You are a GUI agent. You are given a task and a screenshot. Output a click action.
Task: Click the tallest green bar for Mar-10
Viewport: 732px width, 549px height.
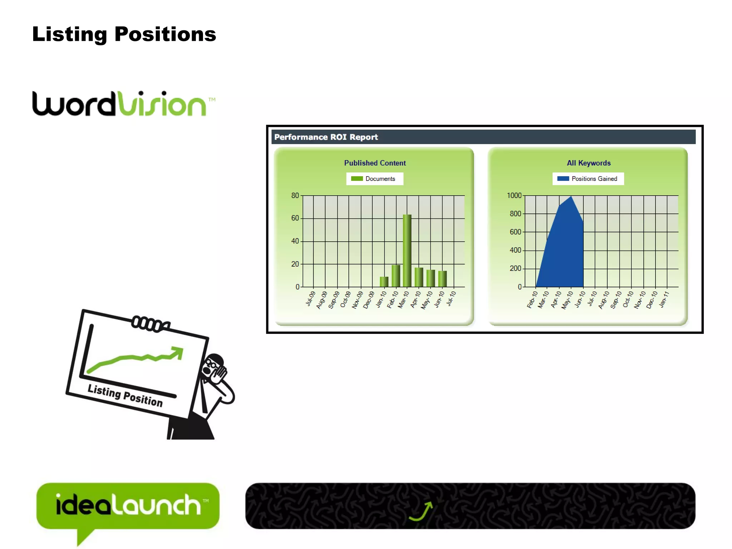[407, 250]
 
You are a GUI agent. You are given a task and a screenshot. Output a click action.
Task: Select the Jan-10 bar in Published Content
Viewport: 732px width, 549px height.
[384, 282]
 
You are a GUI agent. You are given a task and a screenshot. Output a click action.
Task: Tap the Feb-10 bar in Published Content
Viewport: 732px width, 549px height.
[396, 276]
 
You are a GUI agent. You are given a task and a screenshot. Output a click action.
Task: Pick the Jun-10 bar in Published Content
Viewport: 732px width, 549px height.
[442, 279]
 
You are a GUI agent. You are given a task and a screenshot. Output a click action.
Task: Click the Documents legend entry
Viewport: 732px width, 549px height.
[375, 179]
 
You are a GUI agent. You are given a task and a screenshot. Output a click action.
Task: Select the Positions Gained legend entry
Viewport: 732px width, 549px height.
[588, 179]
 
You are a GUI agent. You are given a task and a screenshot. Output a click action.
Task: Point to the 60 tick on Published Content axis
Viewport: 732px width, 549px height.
[295, 218]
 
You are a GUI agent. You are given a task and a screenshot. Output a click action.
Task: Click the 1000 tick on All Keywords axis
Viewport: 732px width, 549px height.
[514, 196]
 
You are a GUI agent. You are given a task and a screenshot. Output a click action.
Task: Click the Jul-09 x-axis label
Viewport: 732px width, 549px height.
[310, 299]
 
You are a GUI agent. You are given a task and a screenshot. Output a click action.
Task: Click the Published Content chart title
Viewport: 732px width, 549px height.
[375, 163]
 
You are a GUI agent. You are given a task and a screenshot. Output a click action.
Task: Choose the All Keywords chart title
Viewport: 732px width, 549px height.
[588, 163]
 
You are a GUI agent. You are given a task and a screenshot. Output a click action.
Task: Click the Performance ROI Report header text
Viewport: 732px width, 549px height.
[326, 137]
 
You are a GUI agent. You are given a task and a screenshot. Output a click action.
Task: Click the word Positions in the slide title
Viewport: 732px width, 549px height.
[165, 34]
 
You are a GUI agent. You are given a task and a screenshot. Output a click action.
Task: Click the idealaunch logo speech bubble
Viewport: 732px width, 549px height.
[128, 505]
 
